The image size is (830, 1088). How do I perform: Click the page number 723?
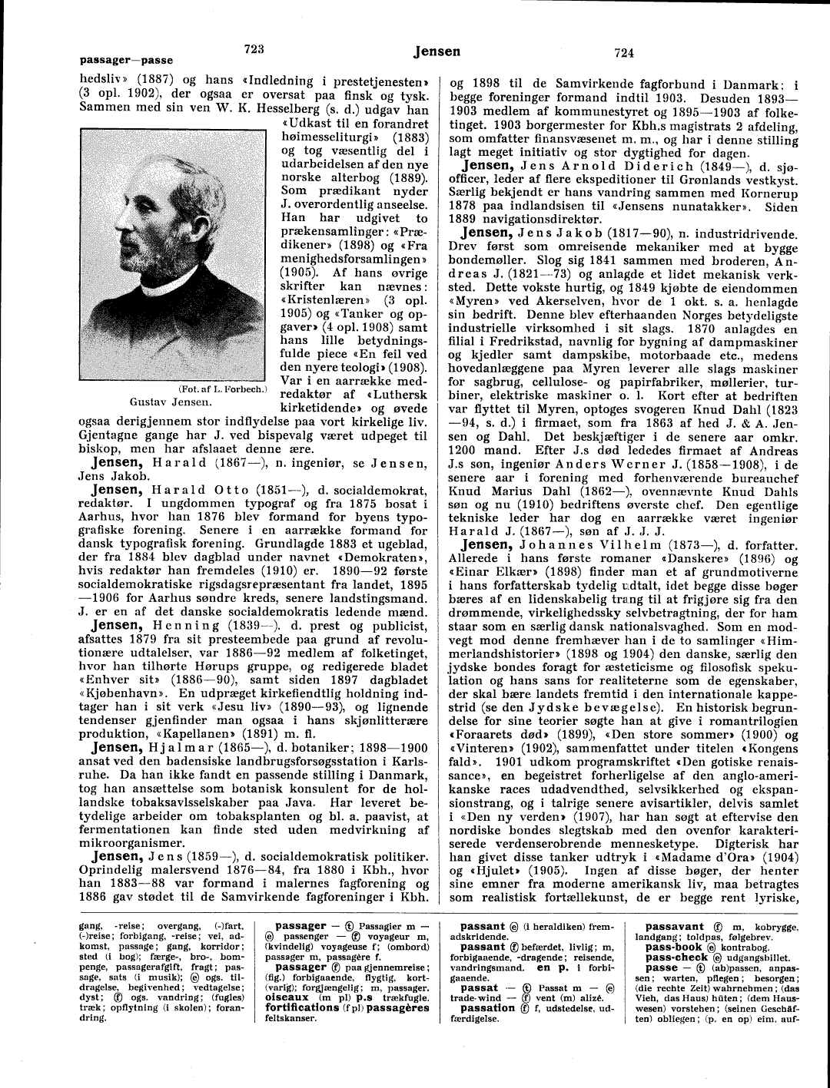(x=254, y=48)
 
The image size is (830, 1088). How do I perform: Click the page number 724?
(x=623, y=52)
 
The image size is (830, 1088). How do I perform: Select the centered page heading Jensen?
(x=437, y=51)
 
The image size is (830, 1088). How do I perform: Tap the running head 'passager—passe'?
(x=126, y=60)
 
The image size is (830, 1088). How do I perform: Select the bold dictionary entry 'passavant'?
(x=674, y=927)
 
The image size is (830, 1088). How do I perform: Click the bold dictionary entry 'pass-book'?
(x=674, y=947)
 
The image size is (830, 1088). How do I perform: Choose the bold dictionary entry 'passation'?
(x=487, y=1007)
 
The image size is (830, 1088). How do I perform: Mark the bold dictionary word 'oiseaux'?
(x=287, y=997)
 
